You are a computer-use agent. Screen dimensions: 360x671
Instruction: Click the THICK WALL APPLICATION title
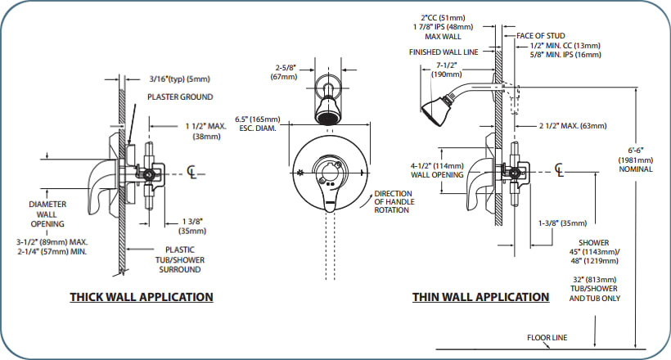141,297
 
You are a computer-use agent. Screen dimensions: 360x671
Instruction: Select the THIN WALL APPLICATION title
480,297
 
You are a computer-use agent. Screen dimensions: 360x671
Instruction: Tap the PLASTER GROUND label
179,97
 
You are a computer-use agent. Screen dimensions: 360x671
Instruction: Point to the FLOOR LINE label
548,337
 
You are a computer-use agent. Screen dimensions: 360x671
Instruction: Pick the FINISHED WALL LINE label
454,52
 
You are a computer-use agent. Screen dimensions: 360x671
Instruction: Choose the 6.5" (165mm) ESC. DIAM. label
255,123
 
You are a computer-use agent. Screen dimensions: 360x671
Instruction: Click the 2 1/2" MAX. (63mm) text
573,126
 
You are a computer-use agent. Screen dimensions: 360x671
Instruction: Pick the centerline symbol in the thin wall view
559,169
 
